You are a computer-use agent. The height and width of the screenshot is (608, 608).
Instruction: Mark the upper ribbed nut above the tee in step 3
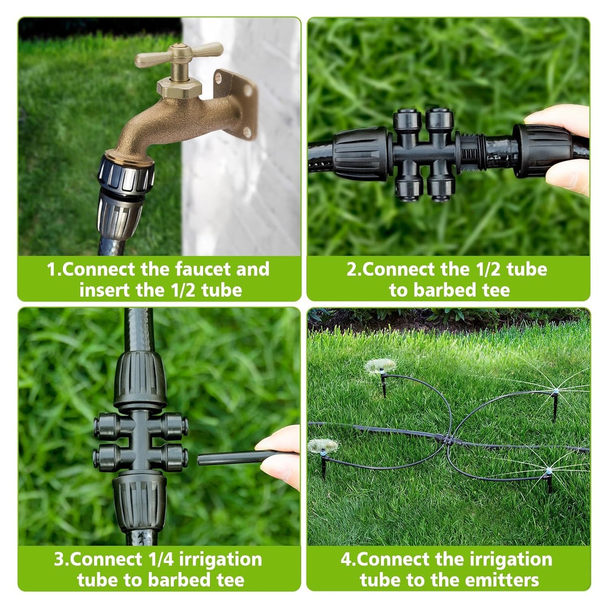(x=140, y=380)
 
